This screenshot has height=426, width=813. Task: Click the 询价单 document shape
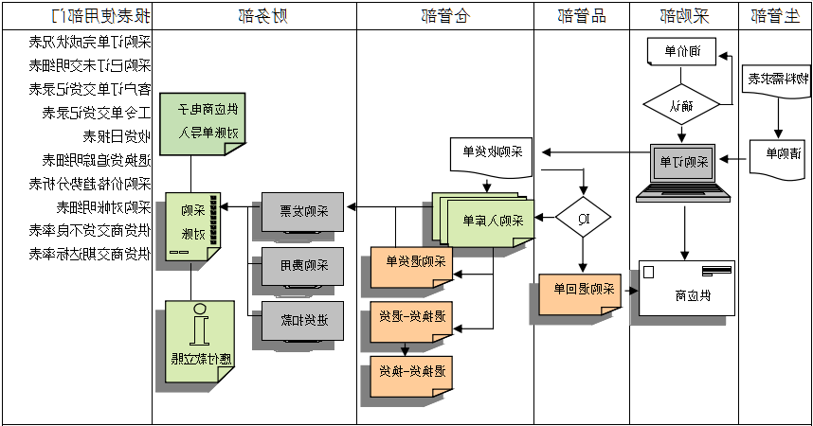[x=680, y=52]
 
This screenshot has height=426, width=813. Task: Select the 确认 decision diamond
[x=681, y=105]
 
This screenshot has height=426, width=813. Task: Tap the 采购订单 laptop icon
[x=682, y=170]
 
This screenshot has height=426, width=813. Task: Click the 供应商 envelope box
[x=687, y=288]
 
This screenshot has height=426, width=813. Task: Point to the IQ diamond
[x=583, y=219]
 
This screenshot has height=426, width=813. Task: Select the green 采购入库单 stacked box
[x=485, y=220]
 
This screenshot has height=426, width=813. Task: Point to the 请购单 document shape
[x=777, y=156]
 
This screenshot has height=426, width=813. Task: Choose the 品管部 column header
[x=581, y=16]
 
